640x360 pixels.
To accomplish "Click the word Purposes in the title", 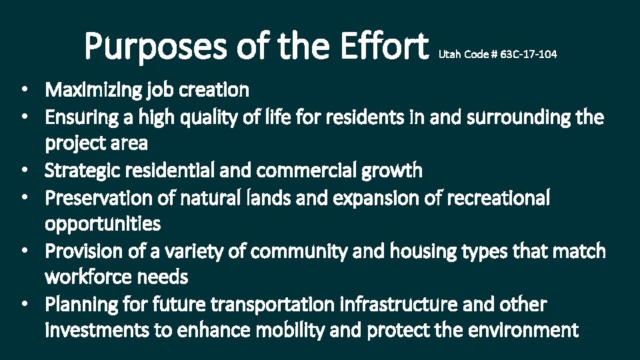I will (151, 47).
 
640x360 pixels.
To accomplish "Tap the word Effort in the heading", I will (383, 47).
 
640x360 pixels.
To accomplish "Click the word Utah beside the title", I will (448, 55).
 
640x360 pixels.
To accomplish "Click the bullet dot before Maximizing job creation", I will (23, 89).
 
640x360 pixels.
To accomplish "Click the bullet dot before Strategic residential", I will (23, 171).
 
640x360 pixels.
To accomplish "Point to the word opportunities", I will (103, 224).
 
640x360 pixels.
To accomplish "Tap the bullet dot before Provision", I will (23, 252).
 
